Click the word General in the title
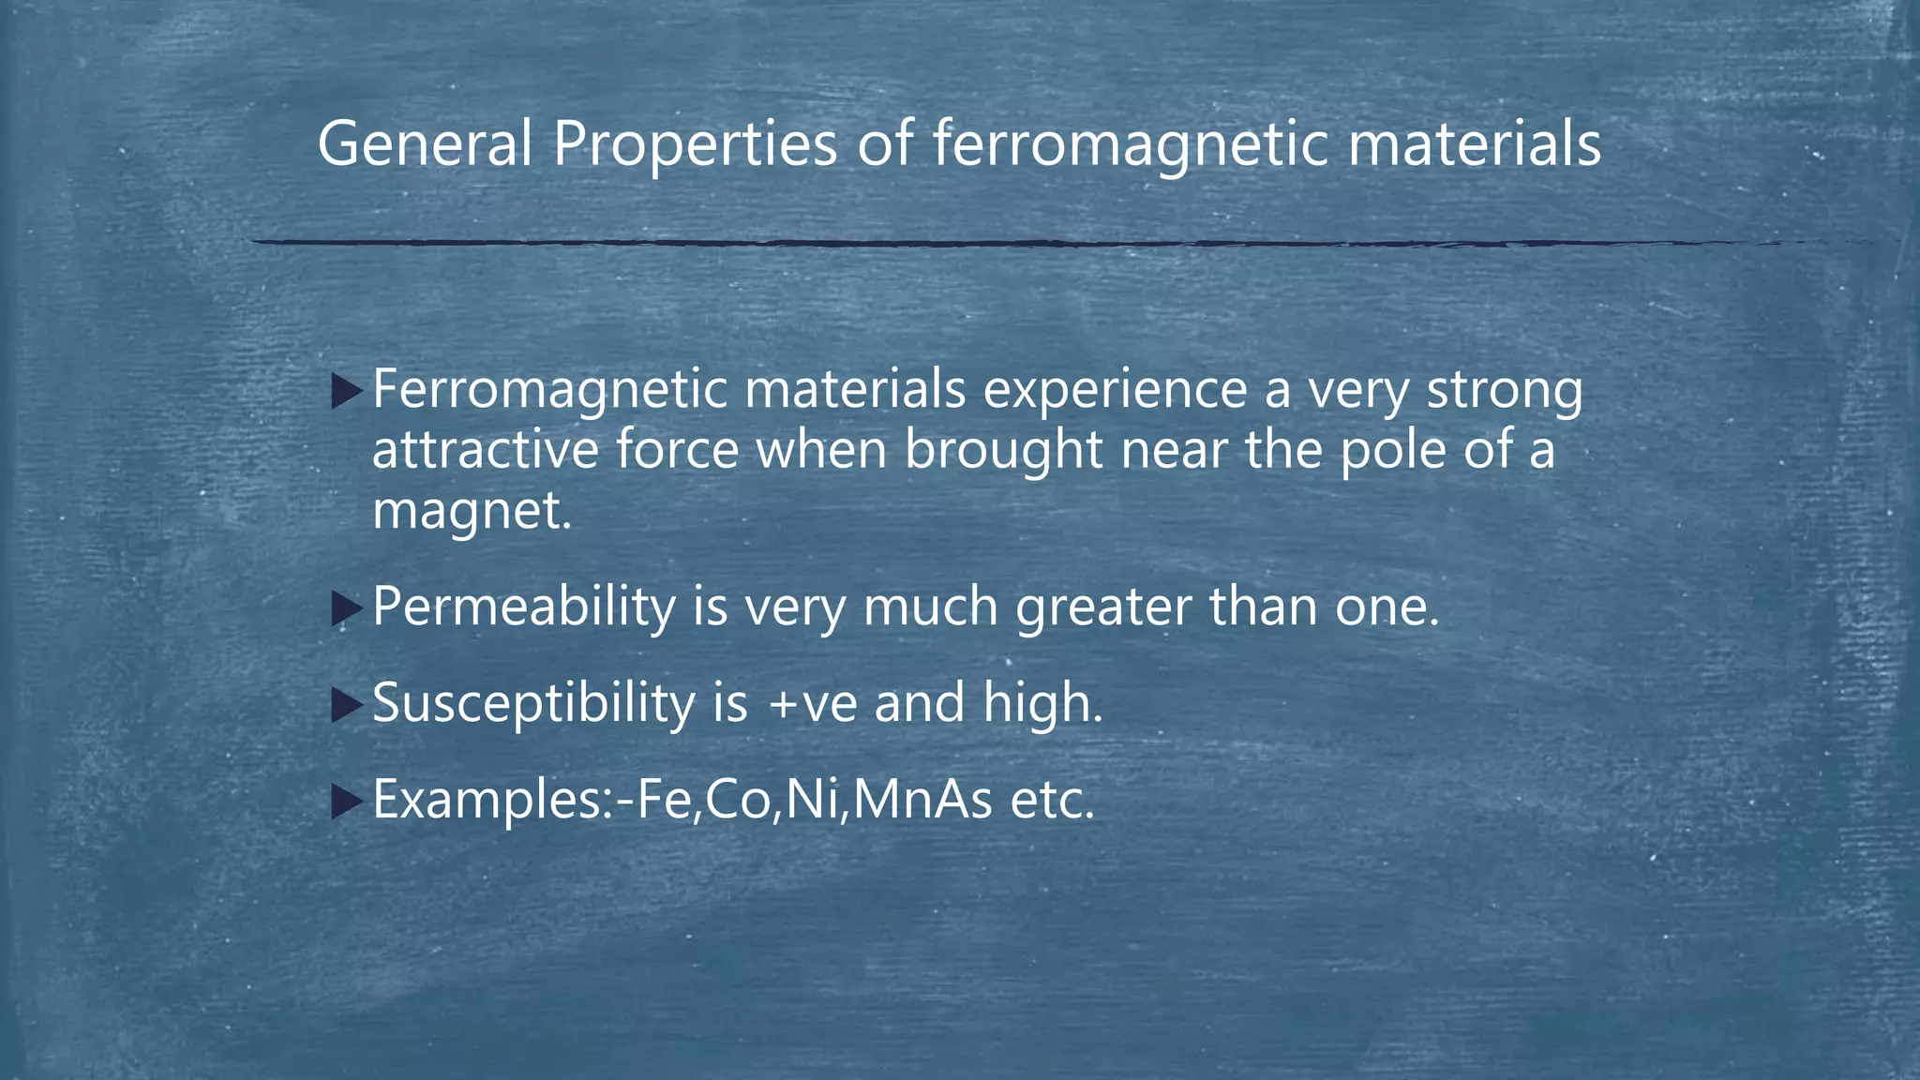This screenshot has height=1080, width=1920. coord(425,144)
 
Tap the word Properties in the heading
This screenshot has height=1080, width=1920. coord(694,146)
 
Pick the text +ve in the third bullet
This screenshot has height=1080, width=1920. coord(812,704)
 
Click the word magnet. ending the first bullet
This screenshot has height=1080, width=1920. coord(472,512)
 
